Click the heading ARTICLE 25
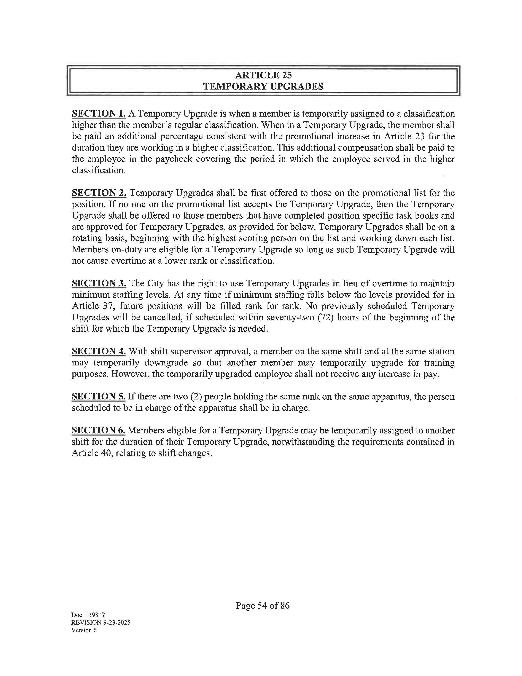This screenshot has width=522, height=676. coord(263,75)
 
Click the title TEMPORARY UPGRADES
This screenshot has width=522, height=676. coord(263,86)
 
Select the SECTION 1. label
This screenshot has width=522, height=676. coord(99,114)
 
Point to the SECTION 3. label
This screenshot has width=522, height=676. coord(99,283)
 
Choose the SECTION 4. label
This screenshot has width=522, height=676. coord(99,351)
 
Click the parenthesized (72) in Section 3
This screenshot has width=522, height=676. coord(325,317)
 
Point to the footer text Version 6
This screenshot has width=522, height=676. coord(84,630)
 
